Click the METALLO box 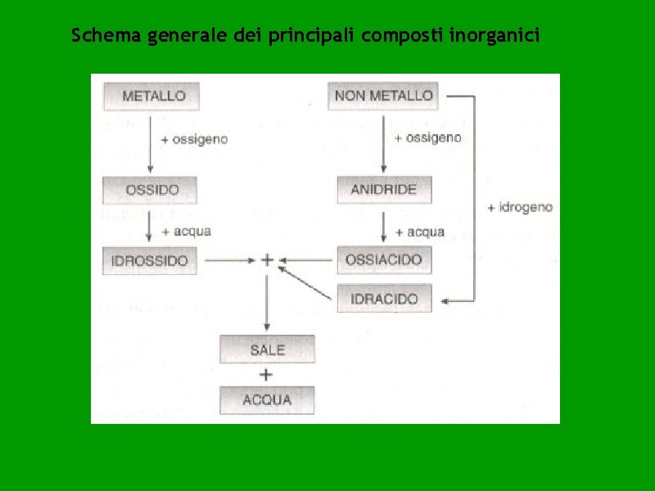click(152, 96)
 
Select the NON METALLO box click(383, 95)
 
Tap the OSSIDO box click(152, 190)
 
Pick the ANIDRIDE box click(384, 190)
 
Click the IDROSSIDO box click(151, 261)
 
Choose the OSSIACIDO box click(384, 260)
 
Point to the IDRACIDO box click(384, 299)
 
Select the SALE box click(267, 350)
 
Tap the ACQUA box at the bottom click(267, 399)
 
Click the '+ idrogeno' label click(519, 208)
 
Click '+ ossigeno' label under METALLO click(194, 140)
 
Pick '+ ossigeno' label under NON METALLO click(427, 138)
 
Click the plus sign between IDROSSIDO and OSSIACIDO click(267, 260)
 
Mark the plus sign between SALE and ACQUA click(266, 375)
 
